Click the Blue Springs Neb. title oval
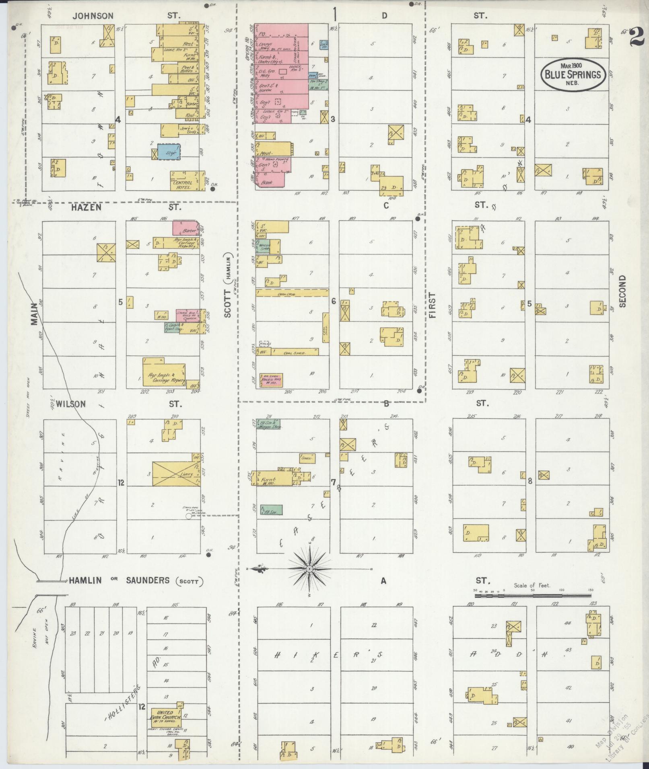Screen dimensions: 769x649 click(x=573, y=74)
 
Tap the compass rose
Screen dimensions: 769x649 click(x=309, y=569)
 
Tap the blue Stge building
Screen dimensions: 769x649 click(x=168, y=152)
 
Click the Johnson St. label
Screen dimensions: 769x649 click(x=93, y=16)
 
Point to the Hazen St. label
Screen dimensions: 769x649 click(x=87, y=207)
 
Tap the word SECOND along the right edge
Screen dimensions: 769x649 click(x=623, y=291)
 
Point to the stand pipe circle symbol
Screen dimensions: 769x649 click(x=188, y=516)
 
